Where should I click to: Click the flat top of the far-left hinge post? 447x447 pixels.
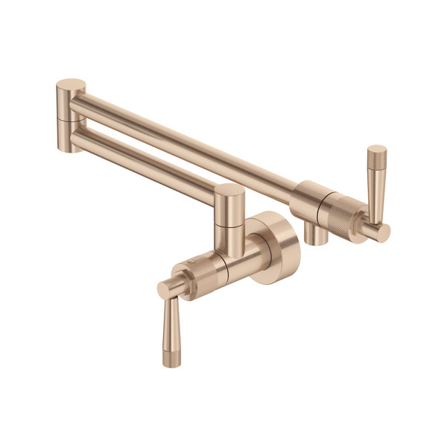tap(72, 84)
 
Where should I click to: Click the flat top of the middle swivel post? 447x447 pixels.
tap(231, 192)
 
